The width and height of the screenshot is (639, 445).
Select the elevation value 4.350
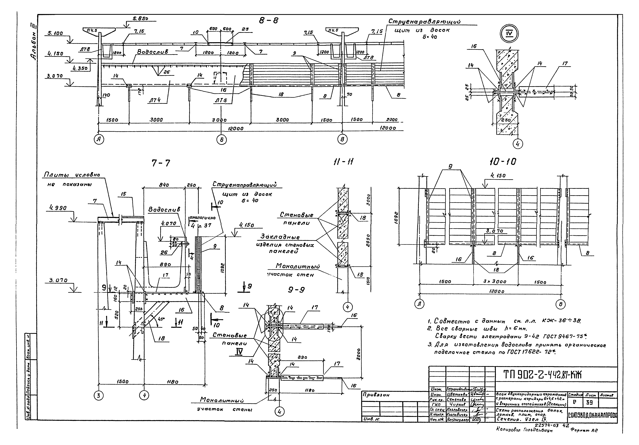coord(80,68)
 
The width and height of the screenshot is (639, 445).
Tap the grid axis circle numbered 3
coord(99,395)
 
